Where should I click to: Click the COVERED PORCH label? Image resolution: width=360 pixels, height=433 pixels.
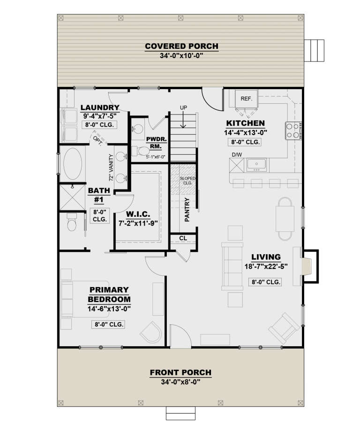click(x=181, y=46)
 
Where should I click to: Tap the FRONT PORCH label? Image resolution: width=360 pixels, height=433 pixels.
click(x=180, y=372)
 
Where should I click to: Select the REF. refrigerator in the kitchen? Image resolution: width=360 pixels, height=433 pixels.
click(x=246, y=99)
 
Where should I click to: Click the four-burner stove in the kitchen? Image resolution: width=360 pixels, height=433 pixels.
click(x=292, y=130)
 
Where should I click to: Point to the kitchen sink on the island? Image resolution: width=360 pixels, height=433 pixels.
click(x=256, y=164)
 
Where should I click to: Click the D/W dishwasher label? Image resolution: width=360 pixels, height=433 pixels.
click(x=236, y=154)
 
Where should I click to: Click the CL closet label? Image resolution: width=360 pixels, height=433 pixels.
click(x=183, y=238)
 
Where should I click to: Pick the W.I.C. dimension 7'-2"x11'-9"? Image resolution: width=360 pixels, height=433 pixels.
click(x=138, y=224)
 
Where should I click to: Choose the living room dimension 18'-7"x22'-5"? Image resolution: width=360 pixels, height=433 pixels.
click(x=265, y=266)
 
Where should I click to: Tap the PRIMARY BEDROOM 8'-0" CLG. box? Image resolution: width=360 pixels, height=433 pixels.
click(x=108, y=325)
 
